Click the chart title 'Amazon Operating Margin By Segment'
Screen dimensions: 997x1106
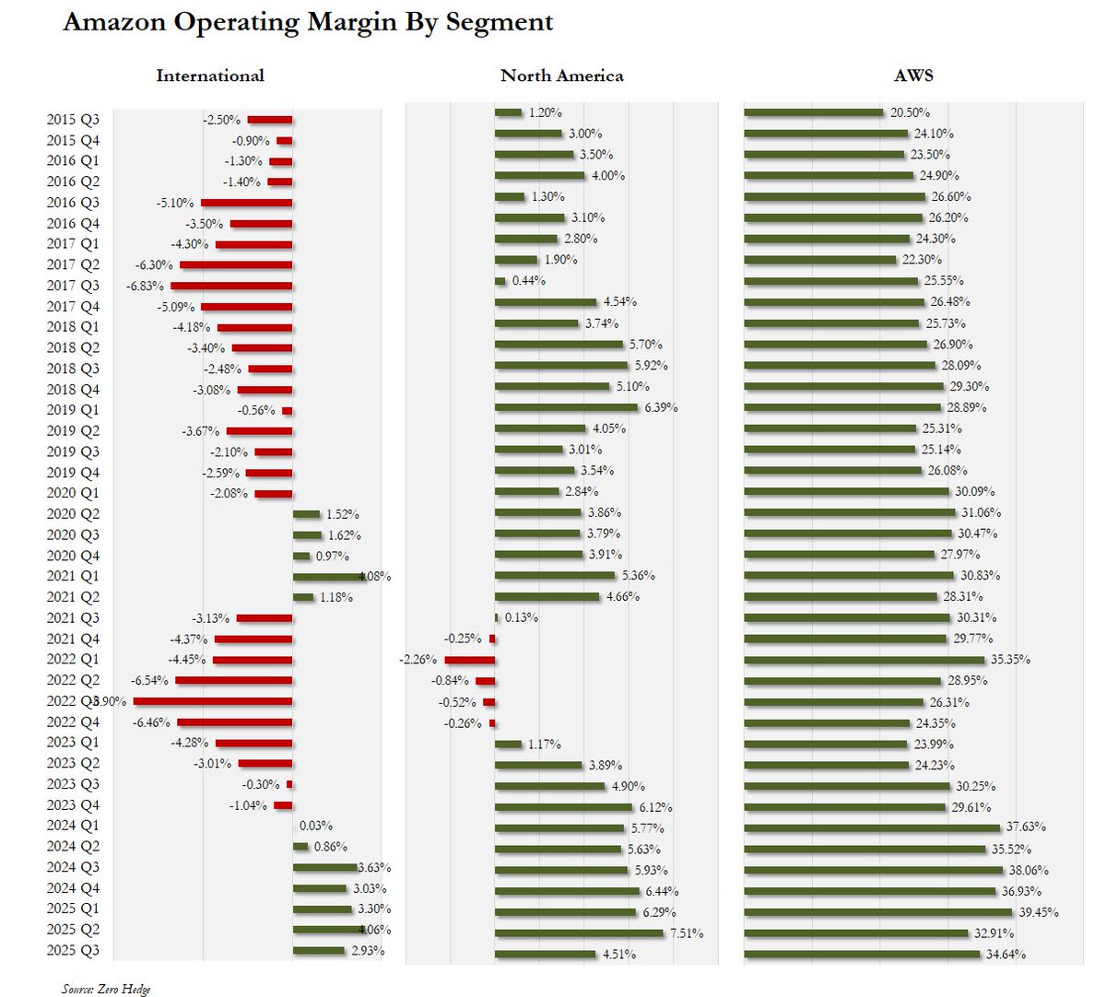[x=308, y=22]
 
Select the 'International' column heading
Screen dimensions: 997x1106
[x=210, y=76]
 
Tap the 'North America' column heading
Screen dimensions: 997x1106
[x=561, y=76]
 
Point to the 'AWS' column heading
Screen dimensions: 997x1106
[x=913, y=76]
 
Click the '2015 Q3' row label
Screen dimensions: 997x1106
[x=73, y=120]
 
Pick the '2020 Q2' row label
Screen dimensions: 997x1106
[x=73, y=514]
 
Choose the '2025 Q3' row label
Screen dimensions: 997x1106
[x=73, y=951]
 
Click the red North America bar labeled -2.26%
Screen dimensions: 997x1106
[x=470, y=660]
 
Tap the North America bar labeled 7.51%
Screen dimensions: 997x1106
[x=579, y=933]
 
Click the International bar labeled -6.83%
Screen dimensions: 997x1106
[x=231, y=286]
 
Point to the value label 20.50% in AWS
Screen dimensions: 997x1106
[x=910, y=112]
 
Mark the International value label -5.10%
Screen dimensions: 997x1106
[x=175, y=203]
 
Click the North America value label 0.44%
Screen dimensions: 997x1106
[x=529, y=280]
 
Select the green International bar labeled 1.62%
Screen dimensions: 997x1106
[x=307, y=535]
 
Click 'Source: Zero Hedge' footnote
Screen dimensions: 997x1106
[x=105, y=989]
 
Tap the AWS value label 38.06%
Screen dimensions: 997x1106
[x=1029, y=870]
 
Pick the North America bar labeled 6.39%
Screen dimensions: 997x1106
[x=566, y=407]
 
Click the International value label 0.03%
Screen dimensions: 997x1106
[x=316, y=826]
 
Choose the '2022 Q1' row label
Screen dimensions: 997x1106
[x=73, y=660]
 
